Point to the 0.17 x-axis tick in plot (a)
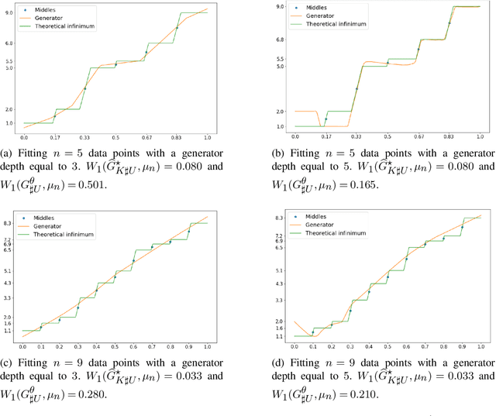click(55, 138)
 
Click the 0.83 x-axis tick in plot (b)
click(449, 138)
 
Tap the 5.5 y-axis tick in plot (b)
click(281, 59)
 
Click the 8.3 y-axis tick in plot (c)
click(9, 223)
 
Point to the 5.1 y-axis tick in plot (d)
click(281, 271)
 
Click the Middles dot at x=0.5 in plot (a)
click(115, 65)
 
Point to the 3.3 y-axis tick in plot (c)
click(9, 298)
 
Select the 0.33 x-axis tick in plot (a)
click(85, 138)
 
